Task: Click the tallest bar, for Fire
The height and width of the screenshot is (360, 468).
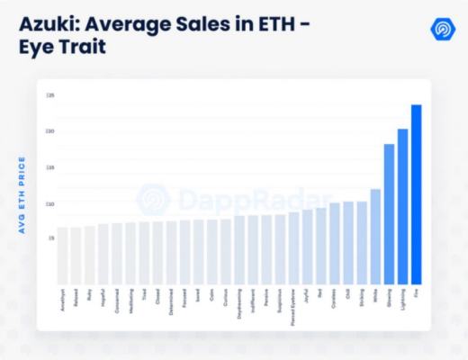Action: pos(416,193)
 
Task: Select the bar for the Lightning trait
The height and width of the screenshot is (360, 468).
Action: pos(402,206)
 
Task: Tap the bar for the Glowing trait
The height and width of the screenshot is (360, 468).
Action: pos(389,213)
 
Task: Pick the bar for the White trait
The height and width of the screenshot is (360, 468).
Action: pos(375,236)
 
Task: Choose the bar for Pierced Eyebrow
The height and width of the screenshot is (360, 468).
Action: pos(293,247)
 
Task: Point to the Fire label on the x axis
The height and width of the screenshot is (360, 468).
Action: pos(416,292)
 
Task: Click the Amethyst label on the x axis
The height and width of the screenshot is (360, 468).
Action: pos(63,299)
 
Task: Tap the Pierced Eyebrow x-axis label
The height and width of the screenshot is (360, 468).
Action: pos(293,305)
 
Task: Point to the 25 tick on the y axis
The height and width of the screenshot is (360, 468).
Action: pos(51,94)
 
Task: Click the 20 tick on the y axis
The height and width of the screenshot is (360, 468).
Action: pos(51,131)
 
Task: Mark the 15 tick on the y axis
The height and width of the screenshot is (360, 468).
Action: pos(51,167)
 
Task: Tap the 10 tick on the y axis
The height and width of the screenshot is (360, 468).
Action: pos(51,203)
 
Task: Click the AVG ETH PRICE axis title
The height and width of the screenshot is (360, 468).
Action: pos(22,195)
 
